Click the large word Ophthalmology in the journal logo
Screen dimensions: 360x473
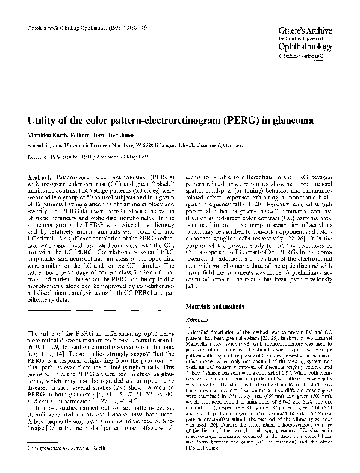pyautogui.click(x=305, y=46)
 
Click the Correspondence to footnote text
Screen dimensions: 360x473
pyautogui.click(x=67, y=465)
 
